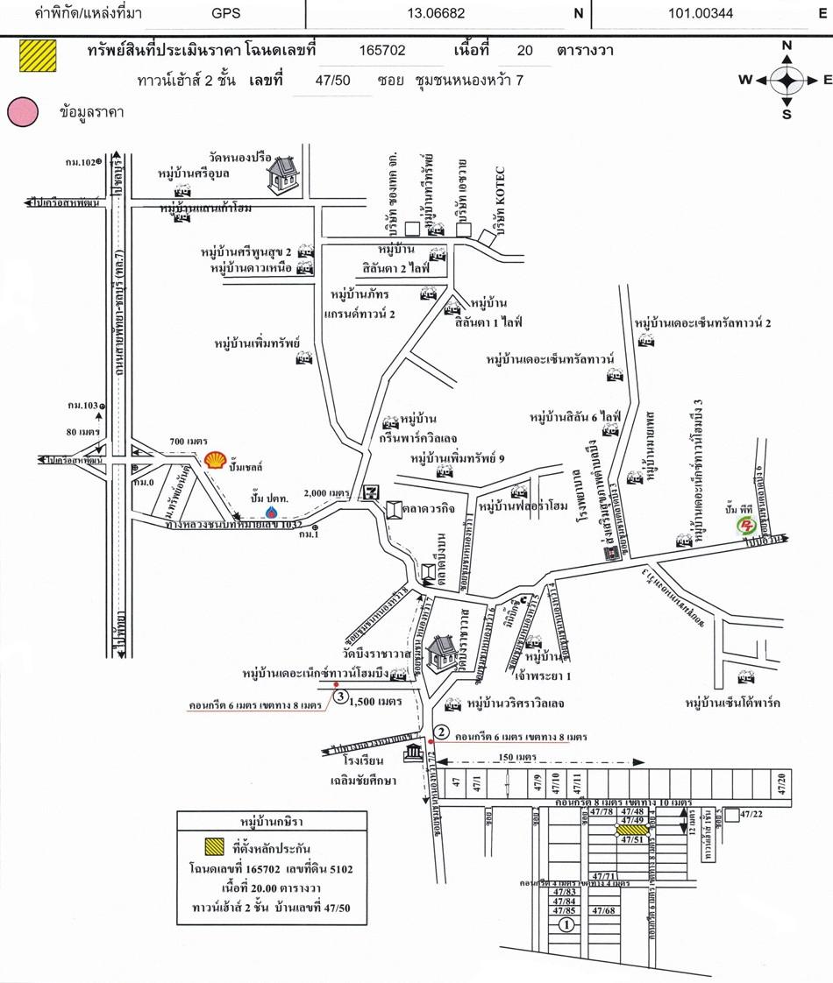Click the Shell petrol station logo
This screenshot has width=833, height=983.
tap(214, 459)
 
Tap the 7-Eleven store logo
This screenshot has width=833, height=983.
tap(373, 492)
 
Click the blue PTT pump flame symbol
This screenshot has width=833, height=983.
tap(272, 512)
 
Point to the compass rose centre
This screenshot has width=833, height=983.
tap(787, 81)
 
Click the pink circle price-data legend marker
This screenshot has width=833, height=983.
tap(23, 112)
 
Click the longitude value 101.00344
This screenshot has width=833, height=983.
tap(701, 13)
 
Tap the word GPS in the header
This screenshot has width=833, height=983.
tap(229, 13)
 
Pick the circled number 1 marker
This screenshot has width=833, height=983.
tap(566, 923)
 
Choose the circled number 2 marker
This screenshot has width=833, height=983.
tap(443, 732)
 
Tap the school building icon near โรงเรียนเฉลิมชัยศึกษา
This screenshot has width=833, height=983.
tap(412, 755)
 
